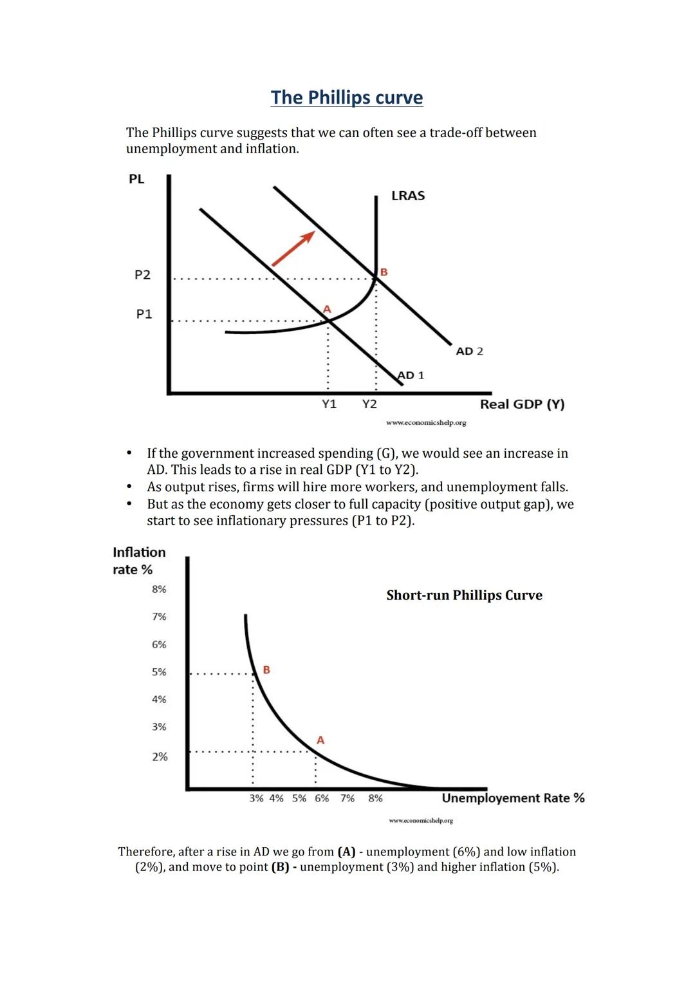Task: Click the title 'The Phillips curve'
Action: tap(347, 97)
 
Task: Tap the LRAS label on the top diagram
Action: tap(408, 196)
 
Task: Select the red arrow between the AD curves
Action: tap(293, 248)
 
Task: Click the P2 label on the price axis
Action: tap(142, 275)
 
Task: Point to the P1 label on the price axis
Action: tap(144, 314)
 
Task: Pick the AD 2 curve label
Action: tap(469, 351)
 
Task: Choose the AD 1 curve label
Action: tap(411, 375)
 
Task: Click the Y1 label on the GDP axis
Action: tap(329, 404)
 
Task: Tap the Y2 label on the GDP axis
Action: tap(369, 404)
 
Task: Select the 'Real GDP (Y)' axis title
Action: tap(522, 404)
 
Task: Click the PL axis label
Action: tap(136, 179)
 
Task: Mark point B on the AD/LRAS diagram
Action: tap(384, 272)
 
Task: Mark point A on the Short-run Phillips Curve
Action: tap(320, 741)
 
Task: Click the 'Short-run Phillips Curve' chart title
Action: tap(464, 595)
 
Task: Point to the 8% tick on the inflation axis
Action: tap(159, 589)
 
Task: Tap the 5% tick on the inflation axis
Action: tap(159, 672)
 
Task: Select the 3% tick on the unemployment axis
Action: tap(256, 798)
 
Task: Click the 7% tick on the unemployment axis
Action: tap(347, 798)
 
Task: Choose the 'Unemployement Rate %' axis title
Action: tap(513, 798)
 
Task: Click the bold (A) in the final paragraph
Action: tap(346, 852)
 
